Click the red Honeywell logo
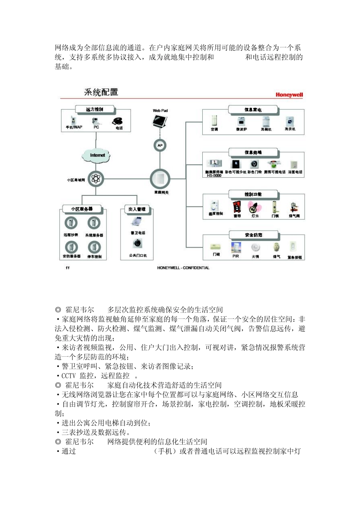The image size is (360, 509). pyautogui.click(x=289, y=95)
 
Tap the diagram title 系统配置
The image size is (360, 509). pyautogui.click(x=101, y=92)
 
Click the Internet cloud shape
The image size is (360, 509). pyautogui.click(x=97, y=155)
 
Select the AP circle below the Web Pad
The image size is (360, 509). pyautogui.click(x=160, y=145)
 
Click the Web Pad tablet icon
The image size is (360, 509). pyautogui.click(x=160, y=121)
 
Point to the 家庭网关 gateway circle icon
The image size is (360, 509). pyautogui.click(x=160, y=179)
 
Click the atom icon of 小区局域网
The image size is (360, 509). pyautogui.click(x=95, y=179)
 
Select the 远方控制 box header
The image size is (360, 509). pyautogui.click(x=94, y=109)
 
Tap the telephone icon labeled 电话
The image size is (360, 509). pyautogui.click(x=117, y=121)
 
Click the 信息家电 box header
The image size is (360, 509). pyautogui.click(x=253, y=110)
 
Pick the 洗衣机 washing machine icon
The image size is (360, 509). pyautogui.click(x=290, y=122)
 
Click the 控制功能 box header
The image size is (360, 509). pyautogui.click(x=253, y=194)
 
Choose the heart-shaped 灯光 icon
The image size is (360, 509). pyautogui.click(x=254, y=207)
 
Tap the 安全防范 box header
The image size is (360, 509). pyautogui.click(x=253, y=235)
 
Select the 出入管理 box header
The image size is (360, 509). pyautogui.click(x=137, y=209)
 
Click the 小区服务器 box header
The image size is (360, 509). pyautogui.click(x=82, y=209)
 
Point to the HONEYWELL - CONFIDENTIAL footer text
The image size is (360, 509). pyautogui.click(x=183, y=268)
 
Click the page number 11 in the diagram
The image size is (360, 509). pyautogui.click(x=67, y=268)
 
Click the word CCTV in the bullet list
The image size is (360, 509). pyautogui.click(x=69, y=376)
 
